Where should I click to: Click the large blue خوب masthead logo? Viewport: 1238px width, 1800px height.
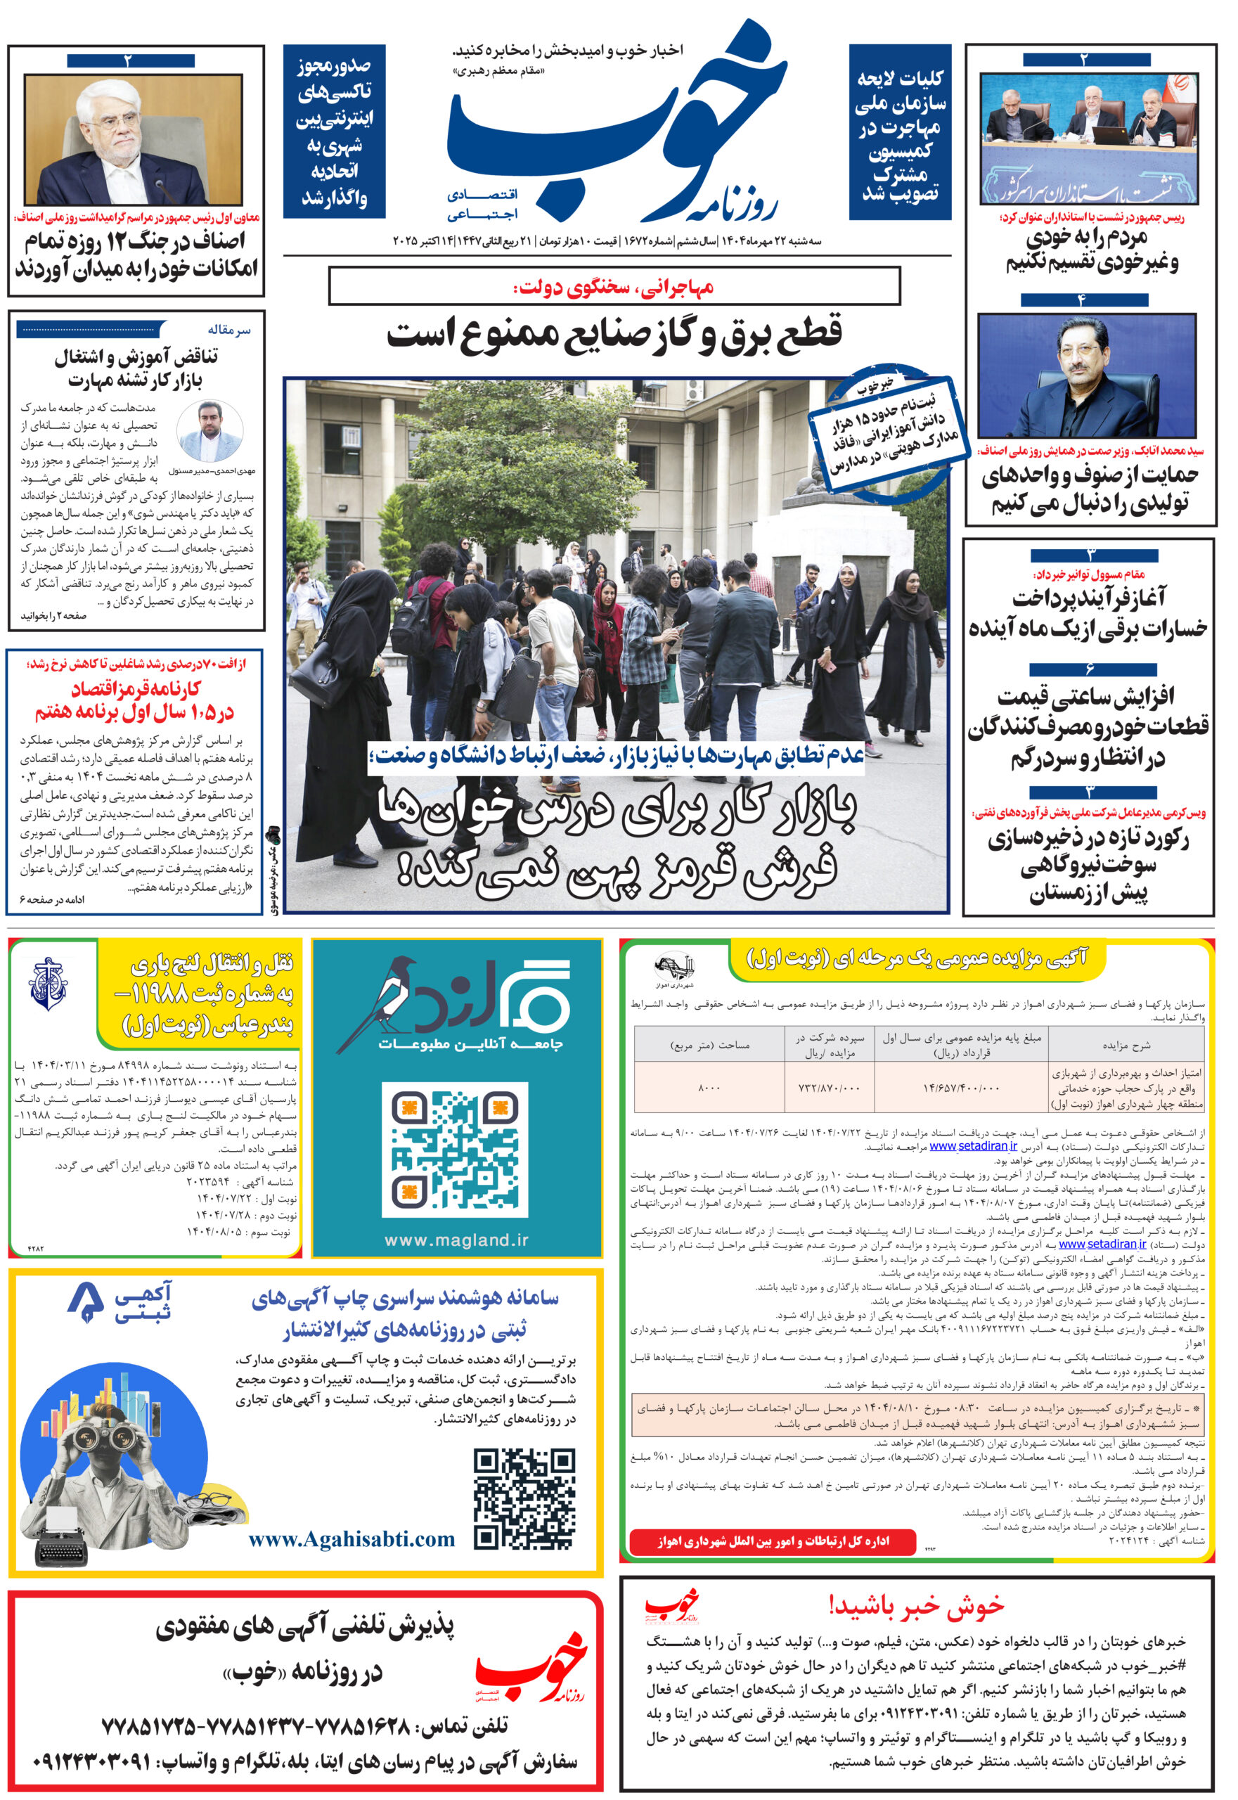click(613, 124)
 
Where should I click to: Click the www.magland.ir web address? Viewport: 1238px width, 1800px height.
click(456, 1240)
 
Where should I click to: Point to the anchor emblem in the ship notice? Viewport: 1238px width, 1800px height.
click(47, 984)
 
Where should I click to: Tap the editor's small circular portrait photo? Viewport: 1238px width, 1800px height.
click(209, 430)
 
